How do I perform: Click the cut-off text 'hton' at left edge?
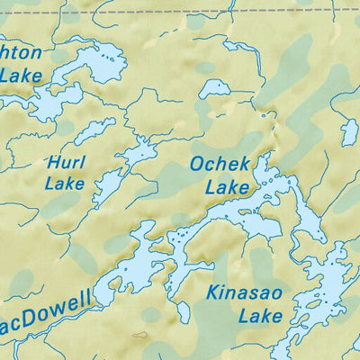pos(20,53)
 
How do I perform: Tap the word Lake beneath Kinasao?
pos(260,316)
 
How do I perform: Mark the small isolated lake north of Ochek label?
pos(214,88)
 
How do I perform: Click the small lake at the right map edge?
pos(349,132)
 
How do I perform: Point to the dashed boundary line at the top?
pos(180,13)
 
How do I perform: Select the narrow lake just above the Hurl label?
pos(94,131)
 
